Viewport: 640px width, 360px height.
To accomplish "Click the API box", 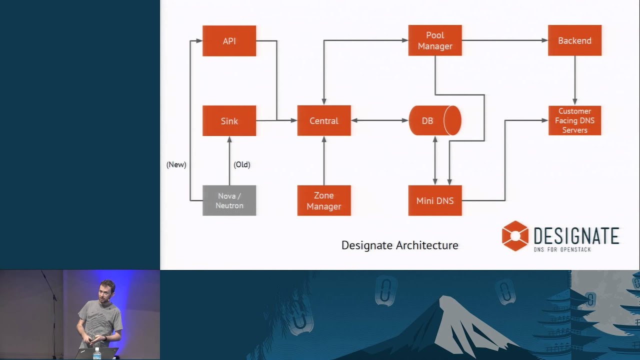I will tap(229, 41).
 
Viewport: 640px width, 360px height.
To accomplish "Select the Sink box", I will tap(229, 121).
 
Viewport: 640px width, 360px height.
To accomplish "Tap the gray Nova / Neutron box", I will tap(229, 200).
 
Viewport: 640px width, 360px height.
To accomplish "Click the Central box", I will tap(324, 120).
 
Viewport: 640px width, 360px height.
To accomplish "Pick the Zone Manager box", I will tap(324, 200).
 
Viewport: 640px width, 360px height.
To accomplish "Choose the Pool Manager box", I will tap(435, 40).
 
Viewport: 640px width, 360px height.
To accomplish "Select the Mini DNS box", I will tap(435, 200).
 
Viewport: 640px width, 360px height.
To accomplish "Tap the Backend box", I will tap(574, 40).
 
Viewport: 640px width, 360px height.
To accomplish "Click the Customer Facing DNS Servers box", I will tap(574, 120).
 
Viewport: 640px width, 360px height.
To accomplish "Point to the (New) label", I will tap(176, 164).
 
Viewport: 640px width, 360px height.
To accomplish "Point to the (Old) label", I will tap(242, 164).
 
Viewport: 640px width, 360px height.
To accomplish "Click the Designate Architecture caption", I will tap(399, 245).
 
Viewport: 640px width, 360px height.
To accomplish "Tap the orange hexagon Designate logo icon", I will tap(515, 236).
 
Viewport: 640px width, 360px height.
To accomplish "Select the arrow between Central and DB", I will tap(379, 120).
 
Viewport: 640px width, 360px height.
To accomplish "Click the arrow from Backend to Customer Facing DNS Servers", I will tap(574, 80).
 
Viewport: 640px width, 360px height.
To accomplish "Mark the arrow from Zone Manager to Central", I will tap(324, 160).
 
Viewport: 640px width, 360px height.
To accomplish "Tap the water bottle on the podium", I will tap(96, 353).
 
